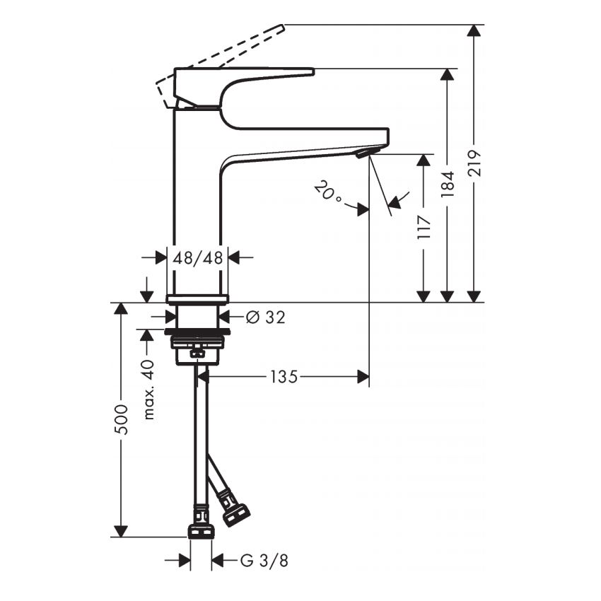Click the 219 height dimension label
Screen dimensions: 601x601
(474, 163)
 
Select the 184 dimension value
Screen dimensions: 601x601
(448, 185)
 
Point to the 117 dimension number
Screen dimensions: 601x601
(424, 227)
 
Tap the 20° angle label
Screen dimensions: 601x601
(327, 190)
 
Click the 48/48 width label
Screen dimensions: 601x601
(197, 258)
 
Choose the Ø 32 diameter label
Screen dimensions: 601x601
(266, 317)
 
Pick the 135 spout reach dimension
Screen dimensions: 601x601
(284, 377)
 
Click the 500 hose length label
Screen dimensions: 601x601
(121, 419)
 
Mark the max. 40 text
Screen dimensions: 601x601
(148, 390)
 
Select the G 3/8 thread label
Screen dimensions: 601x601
(264, 561)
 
